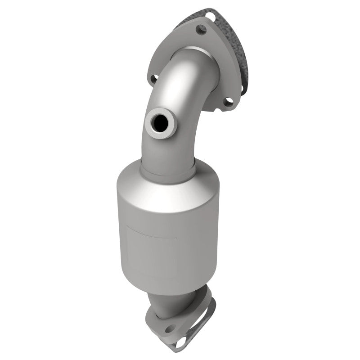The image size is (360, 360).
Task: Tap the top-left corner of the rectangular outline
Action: click(129, 225)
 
